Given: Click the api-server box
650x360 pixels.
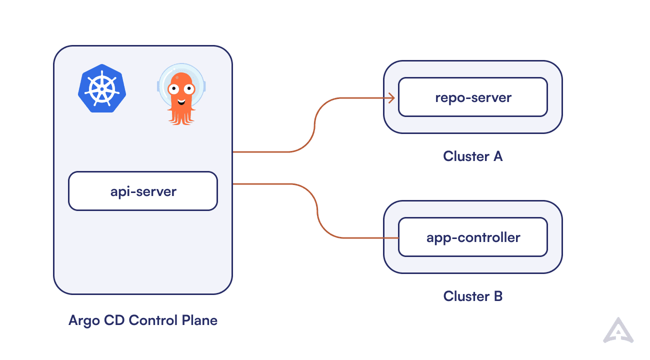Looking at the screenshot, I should [143, 191].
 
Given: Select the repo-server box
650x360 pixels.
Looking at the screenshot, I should [472, 97].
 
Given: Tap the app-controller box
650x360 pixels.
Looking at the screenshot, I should [472, 237].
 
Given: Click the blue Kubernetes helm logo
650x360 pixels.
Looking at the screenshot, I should [102, 88].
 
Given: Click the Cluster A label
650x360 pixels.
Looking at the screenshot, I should [472, 156].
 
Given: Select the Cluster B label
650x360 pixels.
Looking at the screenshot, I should [472, 296].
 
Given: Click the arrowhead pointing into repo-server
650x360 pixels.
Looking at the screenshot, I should [391, 97].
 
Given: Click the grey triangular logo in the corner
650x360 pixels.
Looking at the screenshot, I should [618, 331].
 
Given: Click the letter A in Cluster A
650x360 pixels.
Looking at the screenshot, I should [497, 156].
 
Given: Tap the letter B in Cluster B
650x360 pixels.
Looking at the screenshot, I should [497, 296].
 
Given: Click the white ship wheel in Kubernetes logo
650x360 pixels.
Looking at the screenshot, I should [102, 89].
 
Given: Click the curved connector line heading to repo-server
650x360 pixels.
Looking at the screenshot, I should [314, 125].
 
